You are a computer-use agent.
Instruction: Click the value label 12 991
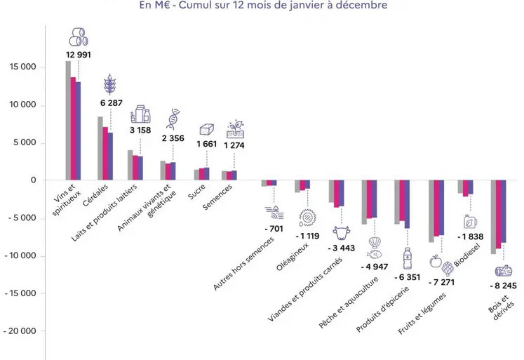tap(78, 55)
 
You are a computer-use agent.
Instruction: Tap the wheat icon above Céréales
tap(110, 84)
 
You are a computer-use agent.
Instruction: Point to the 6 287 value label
tap(110, 103)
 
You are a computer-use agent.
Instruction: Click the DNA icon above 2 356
tap(172, 119)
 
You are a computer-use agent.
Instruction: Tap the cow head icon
tap(341, 232)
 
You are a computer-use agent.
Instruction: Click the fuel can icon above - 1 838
tap(468, 222)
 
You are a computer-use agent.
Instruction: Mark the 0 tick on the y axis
tap(32, 180)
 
